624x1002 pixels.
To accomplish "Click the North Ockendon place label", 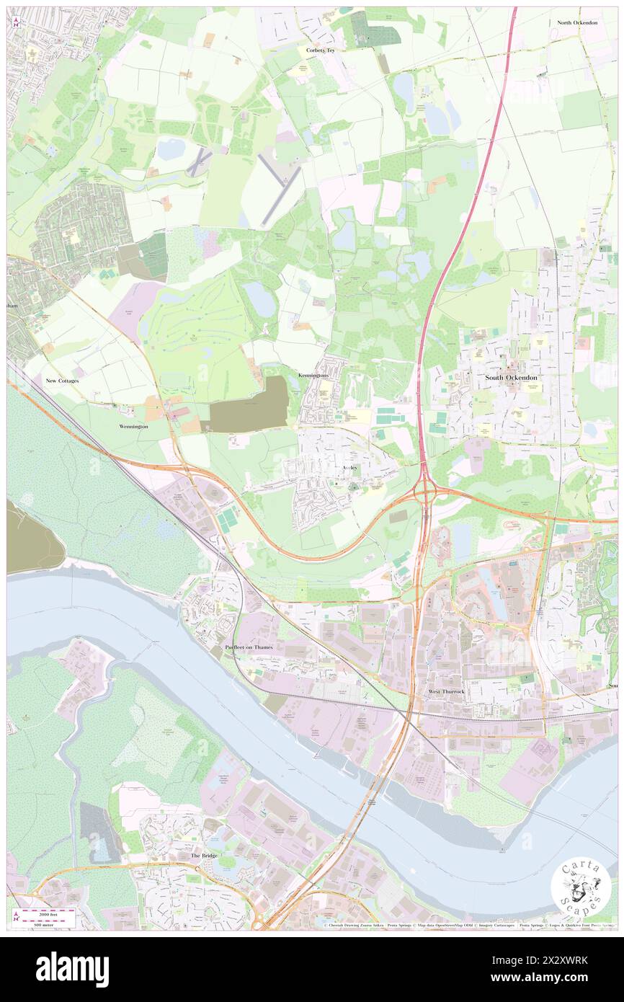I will tap(576, 23).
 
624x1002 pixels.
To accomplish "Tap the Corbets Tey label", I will tap(321, 50).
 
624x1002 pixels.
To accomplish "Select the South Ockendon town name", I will tap(511, 377).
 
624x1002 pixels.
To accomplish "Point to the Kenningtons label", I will tap(313, 376).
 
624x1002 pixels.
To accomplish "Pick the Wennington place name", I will tap(133, 427).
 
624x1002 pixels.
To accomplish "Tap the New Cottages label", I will tap(62, 380).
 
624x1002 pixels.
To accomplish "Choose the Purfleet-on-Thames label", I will tap(249, 648).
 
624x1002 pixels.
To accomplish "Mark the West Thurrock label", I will tap(446, 692).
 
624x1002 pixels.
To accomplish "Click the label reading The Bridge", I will tap(204, 856).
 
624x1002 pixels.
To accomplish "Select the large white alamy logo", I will tap(72, 970).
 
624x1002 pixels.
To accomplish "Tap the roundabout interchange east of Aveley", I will tap(424, 495).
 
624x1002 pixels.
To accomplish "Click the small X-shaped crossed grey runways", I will tap(196, 163).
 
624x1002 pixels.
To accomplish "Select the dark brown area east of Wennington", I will tap(249, 405).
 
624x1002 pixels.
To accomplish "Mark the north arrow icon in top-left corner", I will tap(16, 22).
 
